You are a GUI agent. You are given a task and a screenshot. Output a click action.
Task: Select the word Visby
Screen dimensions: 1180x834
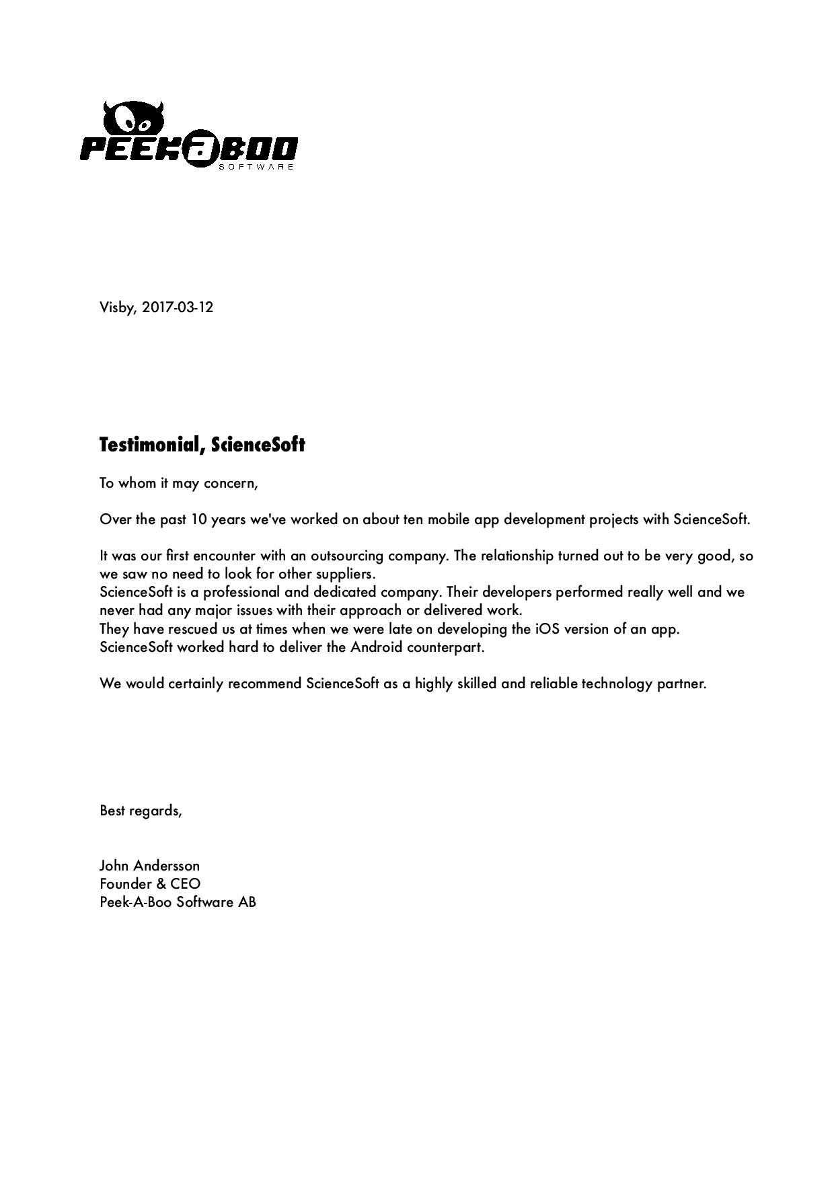pyautogui.click(x=118, y=307)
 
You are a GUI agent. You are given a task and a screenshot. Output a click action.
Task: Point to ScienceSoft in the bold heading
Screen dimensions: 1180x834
pyautogui.click(x=258, y=445)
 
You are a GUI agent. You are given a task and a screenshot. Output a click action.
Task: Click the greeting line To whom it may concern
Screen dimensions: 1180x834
pyautogui.click(x=178, y=483)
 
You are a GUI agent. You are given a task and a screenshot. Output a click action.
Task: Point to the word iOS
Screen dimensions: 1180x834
pyautogui.click(x=547, y=629)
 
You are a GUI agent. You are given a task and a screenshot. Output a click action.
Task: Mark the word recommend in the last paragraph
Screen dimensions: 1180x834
pyautogui.click(x=264, y=684)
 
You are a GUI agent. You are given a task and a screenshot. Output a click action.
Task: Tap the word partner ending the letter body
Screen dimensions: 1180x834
pyautogui.click(x=681, y=684)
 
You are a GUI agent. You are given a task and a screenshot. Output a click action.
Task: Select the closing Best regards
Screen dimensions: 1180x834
pyautogui.click(x=141, y=811)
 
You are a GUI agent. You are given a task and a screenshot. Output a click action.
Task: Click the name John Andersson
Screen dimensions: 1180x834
pyautogui.click(x=149, y=866)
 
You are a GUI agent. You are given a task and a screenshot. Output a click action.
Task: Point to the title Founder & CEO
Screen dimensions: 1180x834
pyautogui.click(x=150, y=884)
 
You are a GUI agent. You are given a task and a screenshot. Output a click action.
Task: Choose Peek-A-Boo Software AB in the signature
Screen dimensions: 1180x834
pyautogui.click(x=178, y=902)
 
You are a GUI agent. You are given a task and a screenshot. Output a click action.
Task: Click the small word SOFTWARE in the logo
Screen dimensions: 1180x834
pyautogui.click(x=256, y=166)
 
